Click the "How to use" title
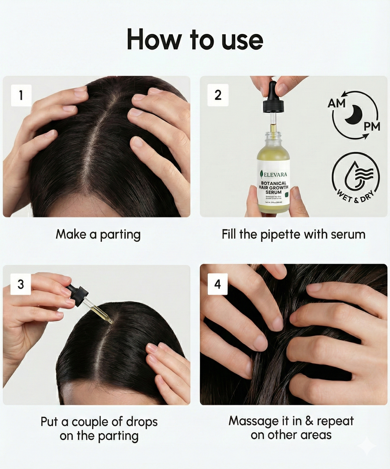coord(195,39)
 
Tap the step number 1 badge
coord(21,95)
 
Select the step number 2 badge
coord(218,95)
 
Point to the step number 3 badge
coord(21,284)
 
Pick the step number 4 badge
coord(218,284)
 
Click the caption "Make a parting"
coord(98,234)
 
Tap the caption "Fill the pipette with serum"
coord(293,234)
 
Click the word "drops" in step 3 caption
coord(142,422)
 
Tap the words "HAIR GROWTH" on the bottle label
coord(273,188)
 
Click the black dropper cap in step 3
coord(78,292)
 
